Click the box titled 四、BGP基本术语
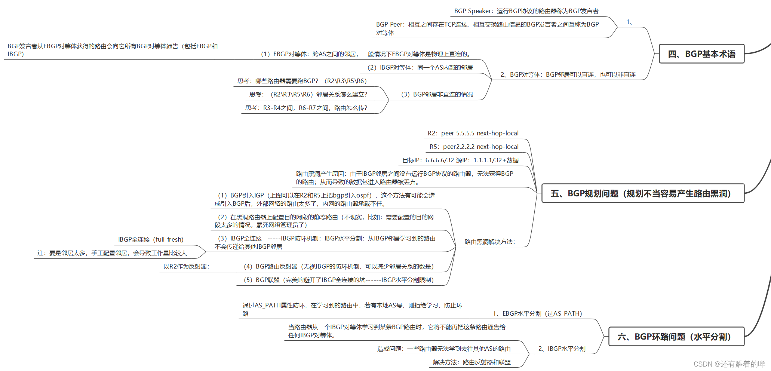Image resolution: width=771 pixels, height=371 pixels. click(x=701, y=54)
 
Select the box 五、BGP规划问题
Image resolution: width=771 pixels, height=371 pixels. click(x=643, y=193)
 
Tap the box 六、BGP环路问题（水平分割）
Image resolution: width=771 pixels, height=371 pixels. click(x=676, y=337)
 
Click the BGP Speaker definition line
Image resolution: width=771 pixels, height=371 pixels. click(x=526, y=11)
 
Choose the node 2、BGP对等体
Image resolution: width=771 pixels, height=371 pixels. click(x=568, y=75)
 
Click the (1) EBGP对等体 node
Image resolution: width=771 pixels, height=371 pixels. click(x=365, y=54)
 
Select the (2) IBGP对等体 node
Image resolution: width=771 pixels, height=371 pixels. click(x=420, y=68)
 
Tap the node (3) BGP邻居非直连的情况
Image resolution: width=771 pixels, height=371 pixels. click(x=437, y=95)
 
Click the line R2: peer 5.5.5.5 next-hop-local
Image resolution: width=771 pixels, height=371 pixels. click(x=473, y=134)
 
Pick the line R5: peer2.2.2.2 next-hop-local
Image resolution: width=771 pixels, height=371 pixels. click(x=474, y=147)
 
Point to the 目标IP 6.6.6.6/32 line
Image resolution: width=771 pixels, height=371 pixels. click(x=460, y=160)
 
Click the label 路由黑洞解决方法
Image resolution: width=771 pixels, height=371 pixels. click(x=490, y=242)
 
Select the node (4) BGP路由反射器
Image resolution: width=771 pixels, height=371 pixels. click(x=338, y=267)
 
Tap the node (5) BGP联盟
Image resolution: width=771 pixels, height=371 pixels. click(x=338, y=280)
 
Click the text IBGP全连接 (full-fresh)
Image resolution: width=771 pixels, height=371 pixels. click(x=151, y=240)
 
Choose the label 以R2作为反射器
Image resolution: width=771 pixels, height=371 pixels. click(x=186, y=267)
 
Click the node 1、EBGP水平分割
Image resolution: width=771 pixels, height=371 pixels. click(x=537, y=314)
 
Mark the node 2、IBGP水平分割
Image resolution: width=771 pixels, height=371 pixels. click(x=562, y=349)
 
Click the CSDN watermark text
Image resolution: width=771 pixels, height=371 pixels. click(x=729, y=364)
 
